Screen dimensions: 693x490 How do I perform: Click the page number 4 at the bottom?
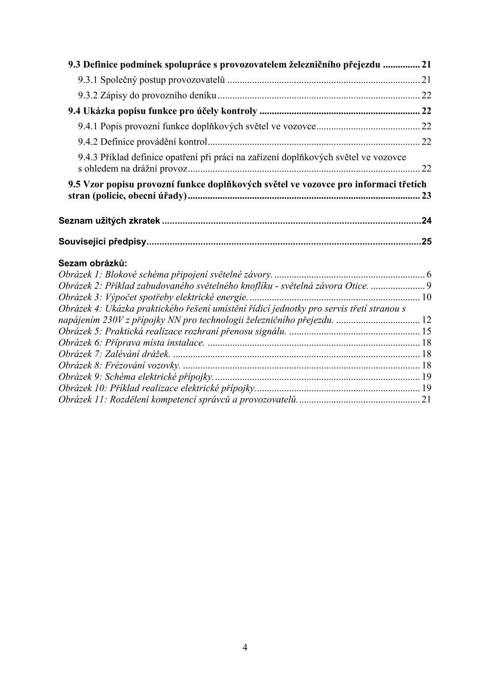245,647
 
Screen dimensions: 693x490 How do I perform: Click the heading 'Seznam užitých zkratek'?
109,221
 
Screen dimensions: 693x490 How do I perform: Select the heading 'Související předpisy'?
103,242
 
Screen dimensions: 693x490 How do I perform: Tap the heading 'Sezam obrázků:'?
93,263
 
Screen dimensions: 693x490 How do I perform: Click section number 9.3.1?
88,80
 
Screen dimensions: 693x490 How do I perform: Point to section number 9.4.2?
88,142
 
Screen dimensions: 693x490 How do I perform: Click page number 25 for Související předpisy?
426,242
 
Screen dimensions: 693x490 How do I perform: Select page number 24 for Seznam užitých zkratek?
426,221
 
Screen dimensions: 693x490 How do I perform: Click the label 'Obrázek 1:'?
80,275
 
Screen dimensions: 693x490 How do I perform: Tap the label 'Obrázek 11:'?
82,399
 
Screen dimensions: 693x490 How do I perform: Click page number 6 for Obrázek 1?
429,275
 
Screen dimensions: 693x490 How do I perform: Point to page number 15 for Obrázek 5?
426,331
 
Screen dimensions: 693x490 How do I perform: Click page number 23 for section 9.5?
426,196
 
